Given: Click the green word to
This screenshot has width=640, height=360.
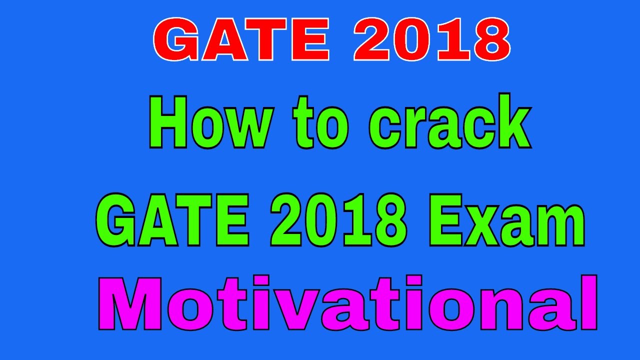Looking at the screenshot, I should pos(321,123).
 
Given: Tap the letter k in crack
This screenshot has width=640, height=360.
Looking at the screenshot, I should pos(512,122).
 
